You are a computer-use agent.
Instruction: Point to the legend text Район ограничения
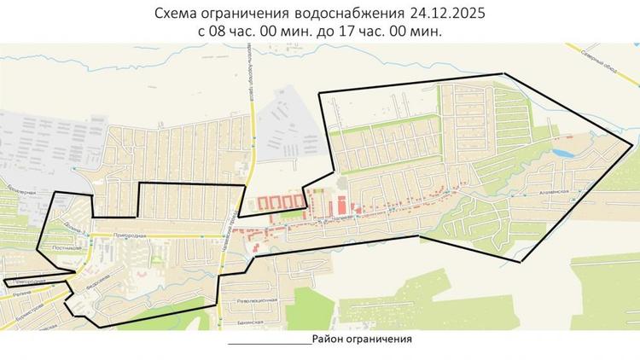point(362,339)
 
